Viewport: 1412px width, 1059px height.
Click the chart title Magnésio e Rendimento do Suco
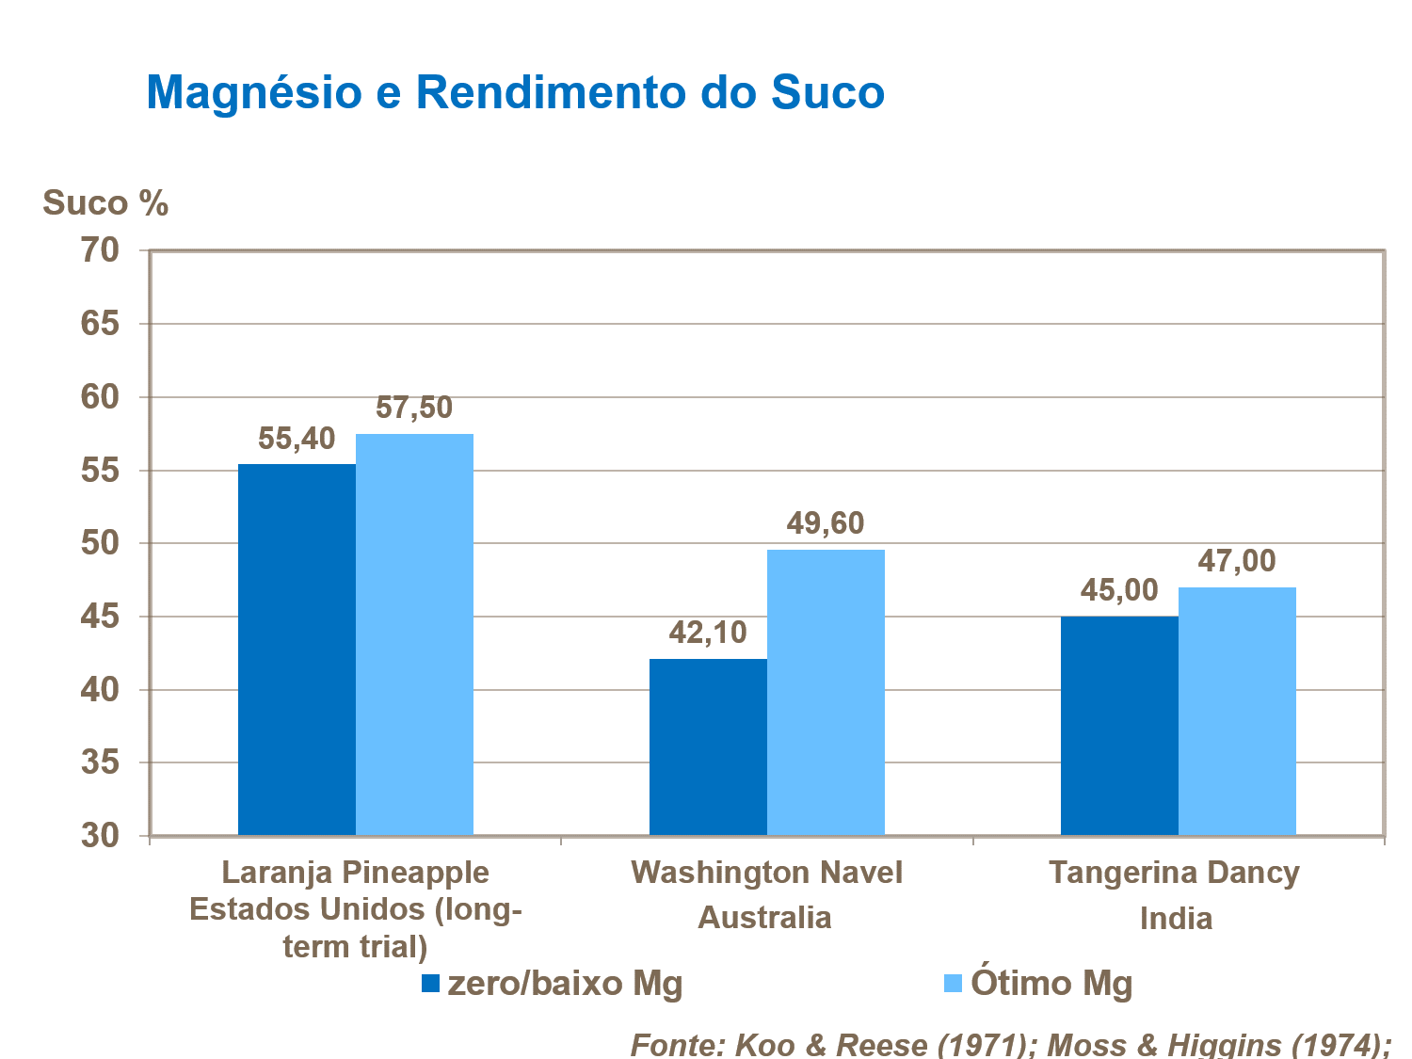click(515, 92)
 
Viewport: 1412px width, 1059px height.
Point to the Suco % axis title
click(105, 203)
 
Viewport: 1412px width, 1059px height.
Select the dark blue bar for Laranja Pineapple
click(297, 650)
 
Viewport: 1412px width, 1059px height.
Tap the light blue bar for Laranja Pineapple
click(414, 634)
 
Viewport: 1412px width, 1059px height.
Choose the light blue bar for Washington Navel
click(826, 692)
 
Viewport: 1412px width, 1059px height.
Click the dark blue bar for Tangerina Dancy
click(1119, 725)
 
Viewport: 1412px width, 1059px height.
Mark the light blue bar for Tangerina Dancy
click(1237, 711)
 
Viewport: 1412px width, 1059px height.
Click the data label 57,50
click(414, 408)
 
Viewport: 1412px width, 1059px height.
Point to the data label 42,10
click(708, 633)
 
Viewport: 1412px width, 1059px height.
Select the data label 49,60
click(826, 523)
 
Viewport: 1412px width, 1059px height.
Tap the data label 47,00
click(1237, 561)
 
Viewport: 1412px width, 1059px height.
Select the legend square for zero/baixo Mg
click(430, 984)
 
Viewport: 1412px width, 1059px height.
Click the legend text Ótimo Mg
click(1051, 984)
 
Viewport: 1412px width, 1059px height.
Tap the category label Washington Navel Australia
click(766, 894)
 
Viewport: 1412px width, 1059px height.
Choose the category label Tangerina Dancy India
click(1175, 894)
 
